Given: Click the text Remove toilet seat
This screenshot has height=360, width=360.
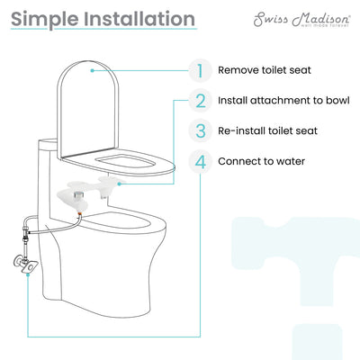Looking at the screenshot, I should (x=266, y=69).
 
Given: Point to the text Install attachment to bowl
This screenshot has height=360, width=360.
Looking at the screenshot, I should (x=286, y=101).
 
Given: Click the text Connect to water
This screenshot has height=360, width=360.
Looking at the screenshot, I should (x=262, y=163).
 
